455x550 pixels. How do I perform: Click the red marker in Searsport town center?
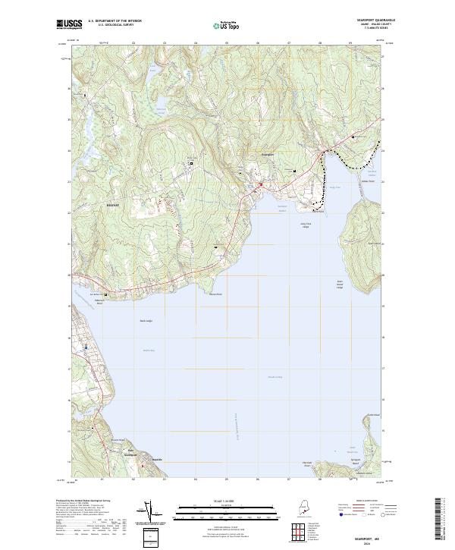coord(260,184)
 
